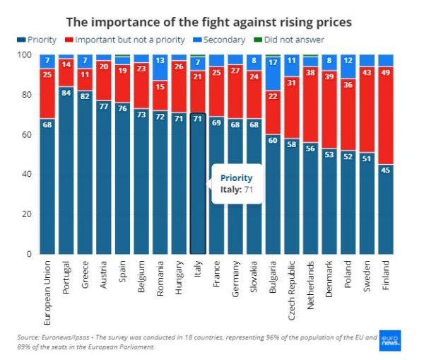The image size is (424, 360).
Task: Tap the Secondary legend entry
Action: click(223, 40)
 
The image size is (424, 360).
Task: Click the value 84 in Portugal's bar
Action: click(66, 91)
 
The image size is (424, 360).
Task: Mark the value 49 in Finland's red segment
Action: click(387, 72)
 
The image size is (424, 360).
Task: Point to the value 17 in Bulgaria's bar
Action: click(273, 62)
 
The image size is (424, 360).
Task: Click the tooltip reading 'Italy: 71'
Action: click(233, 184)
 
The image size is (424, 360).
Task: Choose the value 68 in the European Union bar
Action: click(47, 124)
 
